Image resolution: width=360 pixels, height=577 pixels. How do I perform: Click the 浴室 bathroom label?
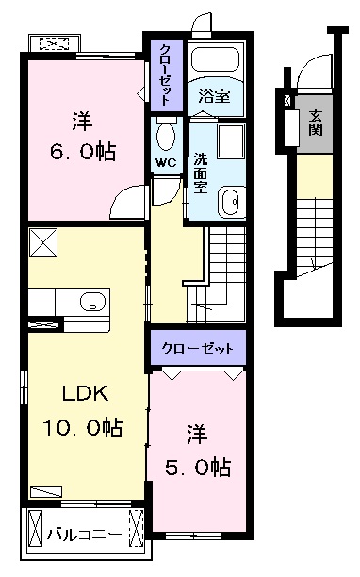214,95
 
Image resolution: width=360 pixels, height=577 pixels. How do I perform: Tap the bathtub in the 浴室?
216,58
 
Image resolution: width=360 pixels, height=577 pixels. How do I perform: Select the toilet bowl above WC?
166,135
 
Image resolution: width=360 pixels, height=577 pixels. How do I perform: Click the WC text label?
166,162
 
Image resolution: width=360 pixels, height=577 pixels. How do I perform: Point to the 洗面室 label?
201,173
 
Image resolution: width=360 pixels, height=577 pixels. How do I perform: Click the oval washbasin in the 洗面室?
231,202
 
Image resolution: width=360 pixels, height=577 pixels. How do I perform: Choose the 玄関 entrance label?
315,123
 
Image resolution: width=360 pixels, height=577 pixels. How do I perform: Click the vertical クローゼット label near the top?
166,74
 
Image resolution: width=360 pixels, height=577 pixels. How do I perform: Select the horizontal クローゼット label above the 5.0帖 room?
198,348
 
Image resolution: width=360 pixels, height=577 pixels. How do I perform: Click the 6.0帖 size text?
83,151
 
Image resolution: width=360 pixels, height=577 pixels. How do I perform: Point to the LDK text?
86,393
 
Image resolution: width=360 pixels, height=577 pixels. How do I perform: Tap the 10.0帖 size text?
83,427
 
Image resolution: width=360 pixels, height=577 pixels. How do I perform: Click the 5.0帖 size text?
198,468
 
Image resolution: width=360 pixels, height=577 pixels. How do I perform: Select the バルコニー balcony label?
84,535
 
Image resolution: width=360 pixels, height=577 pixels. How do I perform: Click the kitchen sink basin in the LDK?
92,302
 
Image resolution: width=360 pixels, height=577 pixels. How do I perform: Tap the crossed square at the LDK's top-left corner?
43,242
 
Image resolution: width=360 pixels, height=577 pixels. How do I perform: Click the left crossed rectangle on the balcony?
36,528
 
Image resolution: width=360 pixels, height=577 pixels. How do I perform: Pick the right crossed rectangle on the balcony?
137,528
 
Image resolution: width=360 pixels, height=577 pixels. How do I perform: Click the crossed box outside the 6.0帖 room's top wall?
54,43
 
